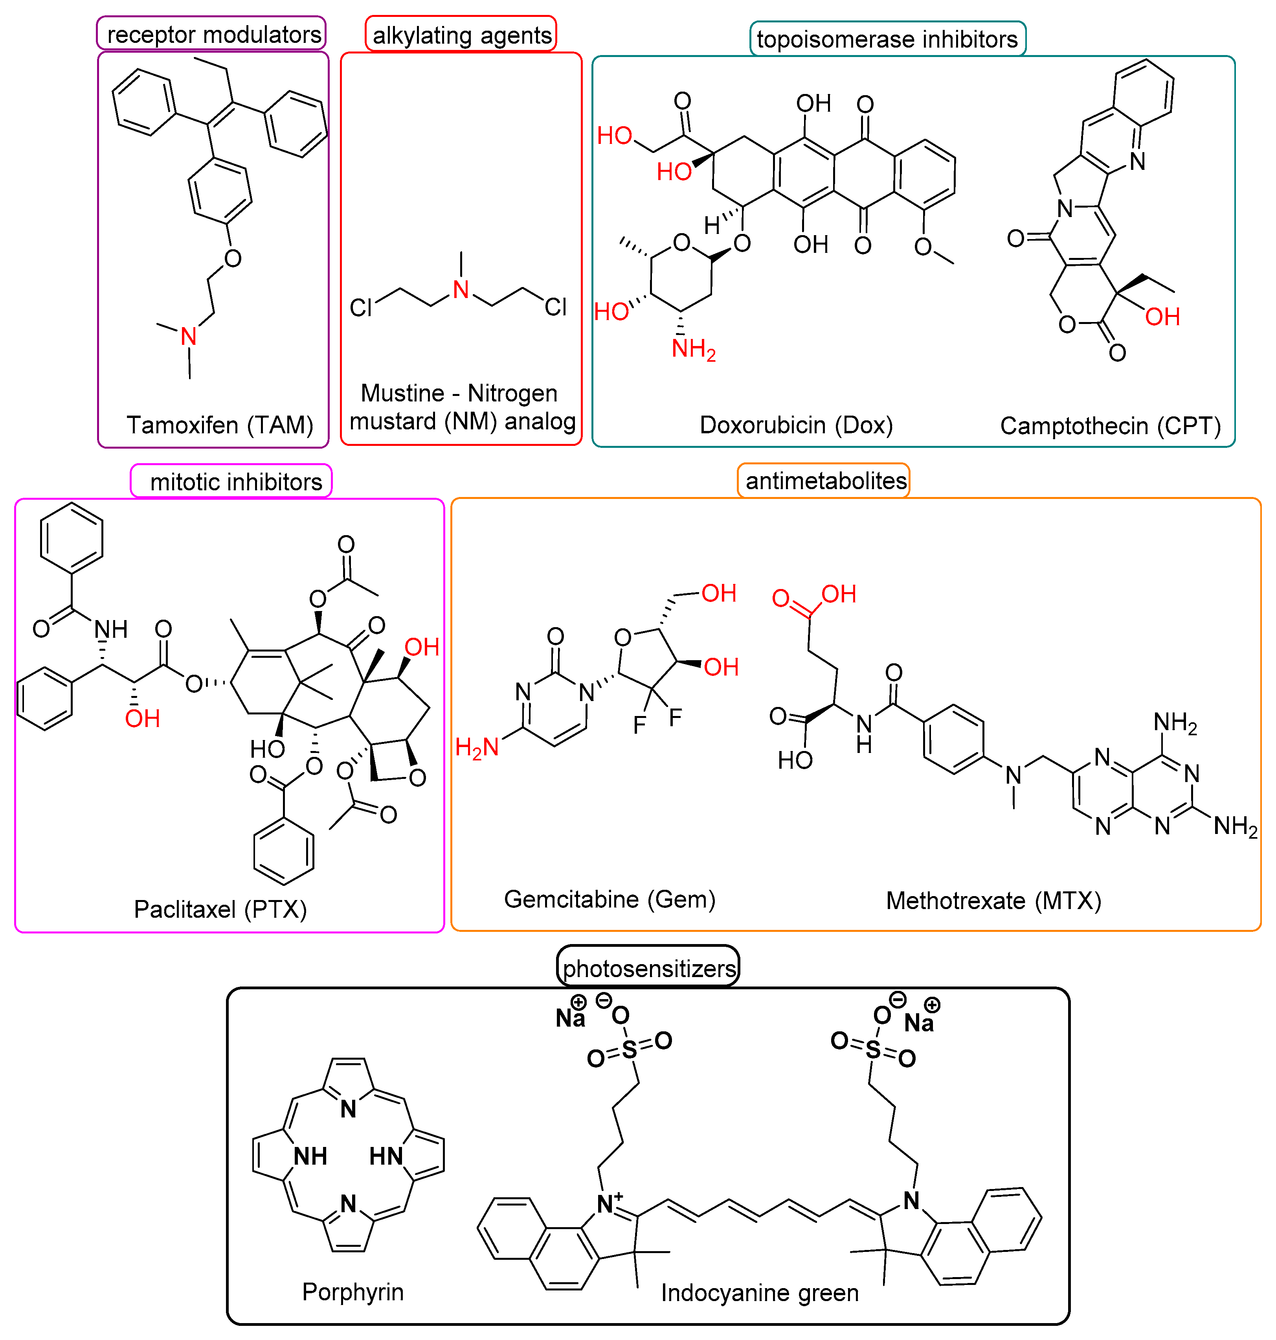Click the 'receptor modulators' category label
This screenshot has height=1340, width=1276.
[213, 34]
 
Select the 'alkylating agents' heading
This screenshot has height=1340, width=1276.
[462, 35]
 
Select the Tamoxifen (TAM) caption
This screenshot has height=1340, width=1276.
[220, 425]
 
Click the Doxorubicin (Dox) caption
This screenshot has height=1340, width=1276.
[796, 425]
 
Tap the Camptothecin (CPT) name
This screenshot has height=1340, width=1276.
[1110, 426]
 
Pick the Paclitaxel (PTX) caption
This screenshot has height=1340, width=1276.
[220, 909]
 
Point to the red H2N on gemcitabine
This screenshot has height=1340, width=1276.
[477, 747]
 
